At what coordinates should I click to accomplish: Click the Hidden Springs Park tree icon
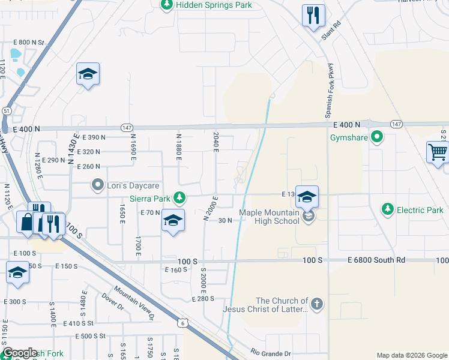167,5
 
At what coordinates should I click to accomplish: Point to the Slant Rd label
331,32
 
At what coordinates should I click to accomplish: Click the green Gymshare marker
377,138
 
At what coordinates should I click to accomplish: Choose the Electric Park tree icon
388,209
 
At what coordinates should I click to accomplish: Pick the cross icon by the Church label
318,304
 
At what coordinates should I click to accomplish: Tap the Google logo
20,353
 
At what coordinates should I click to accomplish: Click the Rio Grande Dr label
271,353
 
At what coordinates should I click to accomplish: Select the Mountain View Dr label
134,302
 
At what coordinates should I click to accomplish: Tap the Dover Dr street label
112,300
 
